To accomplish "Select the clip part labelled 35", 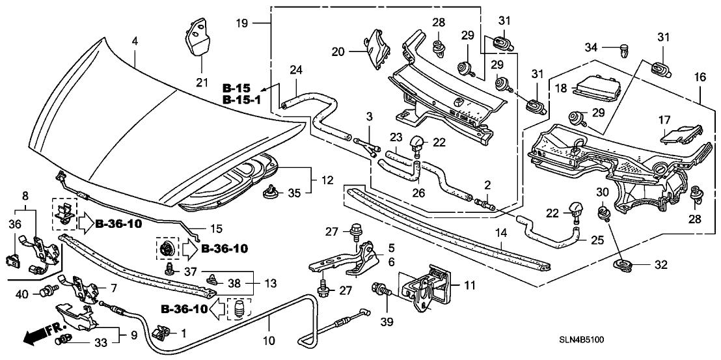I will [269, 190].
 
